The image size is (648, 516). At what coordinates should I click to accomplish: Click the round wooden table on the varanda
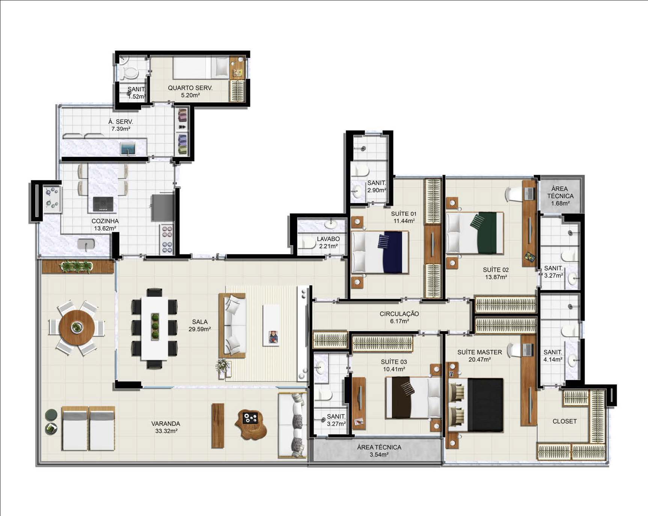77,327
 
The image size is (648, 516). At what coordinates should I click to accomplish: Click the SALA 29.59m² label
200,325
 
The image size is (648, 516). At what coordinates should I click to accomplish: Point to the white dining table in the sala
155,329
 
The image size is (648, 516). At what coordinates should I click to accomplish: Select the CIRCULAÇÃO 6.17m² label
399,317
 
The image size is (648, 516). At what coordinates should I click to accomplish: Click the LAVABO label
328,239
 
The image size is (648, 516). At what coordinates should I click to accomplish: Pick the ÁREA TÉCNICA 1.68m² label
560,196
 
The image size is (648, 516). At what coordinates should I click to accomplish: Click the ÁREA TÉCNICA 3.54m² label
379,451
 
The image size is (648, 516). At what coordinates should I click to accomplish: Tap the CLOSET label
564,421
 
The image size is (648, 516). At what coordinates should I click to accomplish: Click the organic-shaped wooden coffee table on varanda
251,424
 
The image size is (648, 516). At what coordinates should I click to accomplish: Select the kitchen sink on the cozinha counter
86,244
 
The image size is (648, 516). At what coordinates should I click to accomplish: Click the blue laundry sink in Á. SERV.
128,149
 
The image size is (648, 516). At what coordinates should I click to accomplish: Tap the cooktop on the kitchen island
103,204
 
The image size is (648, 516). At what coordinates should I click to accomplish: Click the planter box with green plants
78,266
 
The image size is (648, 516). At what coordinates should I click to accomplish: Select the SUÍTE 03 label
393,362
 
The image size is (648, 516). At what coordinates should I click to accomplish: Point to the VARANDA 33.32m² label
166,427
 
